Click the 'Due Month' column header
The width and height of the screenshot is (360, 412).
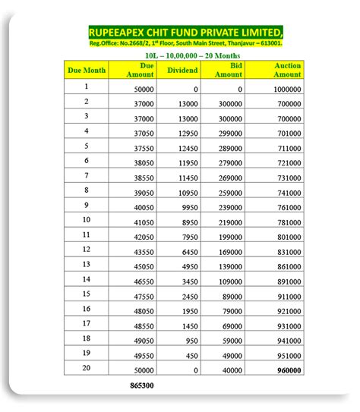87,70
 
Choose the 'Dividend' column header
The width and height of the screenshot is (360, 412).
182,70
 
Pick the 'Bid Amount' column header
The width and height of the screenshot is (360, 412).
229,70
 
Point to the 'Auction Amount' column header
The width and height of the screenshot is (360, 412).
287,70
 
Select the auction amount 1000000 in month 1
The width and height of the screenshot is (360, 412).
286,90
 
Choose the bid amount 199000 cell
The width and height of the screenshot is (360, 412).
229,237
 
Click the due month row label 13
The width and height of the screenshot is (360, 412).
87,264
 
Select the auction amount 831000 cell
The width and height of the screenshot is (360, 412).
288,251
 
